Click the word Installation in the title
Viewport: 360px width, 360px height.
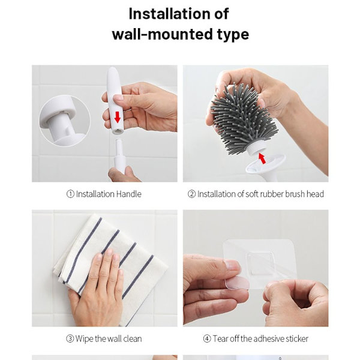(169, 14)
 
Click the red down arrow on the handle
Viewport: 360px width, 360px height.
(118, 117)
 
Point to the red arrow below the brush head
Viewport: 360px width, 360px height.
(262, 158)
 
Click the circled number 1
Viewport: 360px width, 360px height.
(70, 194)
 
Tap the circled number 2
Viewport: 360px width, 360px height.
(191, 194)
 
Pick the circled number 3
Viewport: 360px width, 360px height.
(70, 338)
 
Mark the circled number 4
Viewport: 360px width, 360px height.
(207, 338)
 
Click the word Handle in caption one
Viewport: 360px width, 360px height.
(128, 194)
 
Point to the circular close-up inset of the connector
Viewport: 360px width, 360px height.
(65, 121)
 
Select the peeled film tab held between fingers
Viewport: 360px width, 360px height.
(237, 283)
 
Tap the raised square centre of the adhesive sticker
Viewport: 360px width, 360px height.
(260, 263)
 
